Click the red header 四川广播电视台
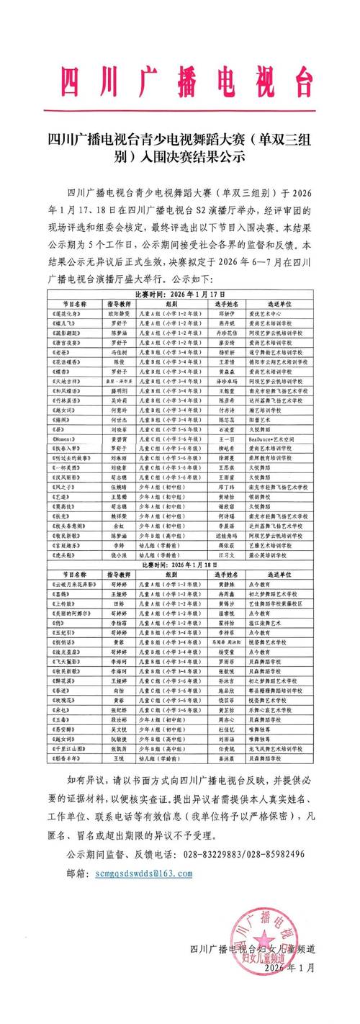179,80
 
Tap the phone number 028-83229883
219,854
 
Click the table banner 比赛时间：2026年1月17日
180,294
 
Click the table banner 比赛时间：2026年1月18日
180,565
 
